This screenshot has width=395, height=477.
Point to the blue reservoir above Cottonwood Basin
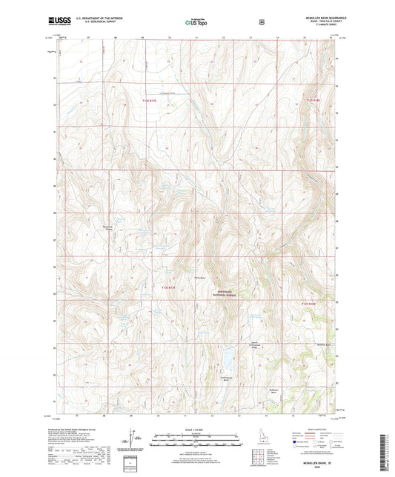(x=227, y=359)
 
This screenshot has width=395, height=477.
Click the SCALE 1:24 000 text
(x=196, y=430)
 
